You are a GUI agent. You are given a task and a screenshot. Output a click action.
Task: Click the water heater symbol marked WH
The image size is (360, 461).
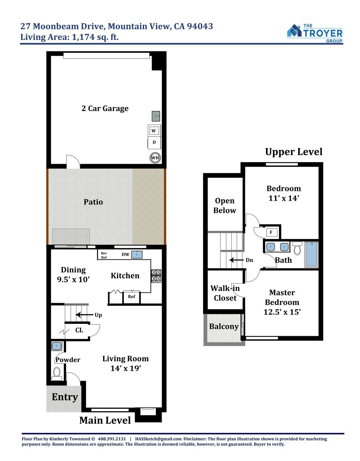point(155,158)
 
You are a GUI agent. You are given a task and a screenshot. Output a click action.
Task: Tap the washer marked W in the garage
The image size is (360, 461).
point(154,131)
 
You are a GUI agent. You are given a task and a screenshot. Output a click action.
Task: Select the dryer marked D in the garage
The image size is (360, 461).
point(154,143)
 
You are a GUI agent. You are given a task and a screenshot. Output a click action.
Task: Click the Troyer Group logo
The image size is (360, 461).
point(314,33)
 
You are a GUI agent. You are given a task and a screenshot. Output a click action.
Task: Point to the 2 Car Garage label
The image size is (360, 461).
point(105,108)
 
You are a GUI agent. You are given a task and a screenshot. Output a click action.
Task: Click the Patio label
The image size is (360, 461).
point(93,202)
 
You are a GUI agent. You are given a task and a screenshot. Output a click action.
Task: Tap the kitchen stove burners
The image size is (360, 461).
point(156,276)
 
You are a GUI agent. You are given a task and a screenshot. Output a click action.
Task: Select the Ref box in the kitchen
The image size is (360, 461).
point(131,297)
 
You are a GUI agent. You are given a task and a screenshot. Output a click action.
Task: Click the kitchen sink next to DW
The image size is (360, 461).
point(137,255)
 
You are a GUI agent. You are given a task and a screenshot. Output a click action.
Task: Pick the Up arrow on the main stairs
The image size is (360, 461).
point(84,315)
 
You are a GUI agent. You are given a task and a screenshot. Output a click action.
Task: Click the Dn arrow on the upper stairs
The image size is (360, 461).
point(237,260)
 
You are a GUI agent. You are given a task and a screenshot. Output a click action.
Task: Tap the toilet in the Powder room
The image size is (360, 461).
point(57,373)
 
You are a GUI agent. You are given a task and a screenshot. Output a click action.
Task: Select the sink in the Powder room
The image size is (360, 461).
point(56,346)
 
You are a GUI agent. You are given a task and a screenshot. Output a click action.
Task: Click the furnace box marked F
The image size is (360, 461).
point(271,232)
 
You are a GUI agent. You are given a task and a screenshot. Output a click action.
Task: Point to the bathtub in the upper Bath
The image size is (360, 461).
point(312,254)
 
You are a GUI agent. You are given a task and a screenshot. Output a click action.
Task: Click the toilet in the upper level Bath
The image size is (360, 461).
point(297,248)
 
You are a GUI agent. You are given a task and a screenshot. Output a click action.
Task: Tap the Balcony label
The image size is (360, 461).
point(224,327)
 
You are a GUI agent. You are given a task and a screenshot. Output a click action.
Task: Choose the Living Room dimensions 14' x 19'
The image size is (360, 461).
point(126,368)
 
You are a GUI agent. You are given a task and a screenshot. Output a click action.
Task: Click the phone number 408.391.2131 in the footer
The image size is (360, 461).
point(112,439)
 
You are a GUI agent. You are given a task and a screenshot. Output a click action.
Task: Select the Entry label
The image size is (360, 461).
point(65,397)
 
